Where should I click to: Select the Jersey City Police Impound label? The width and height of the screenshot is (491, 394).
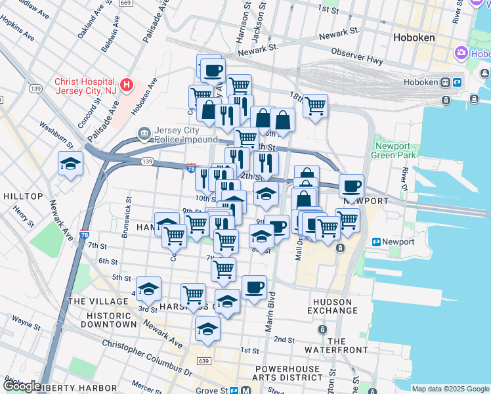pyautogui.click(x=186, y=135)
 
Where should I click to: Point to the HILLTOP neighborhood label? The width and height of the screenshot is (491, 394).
pyautogui.click(x=23, y=196)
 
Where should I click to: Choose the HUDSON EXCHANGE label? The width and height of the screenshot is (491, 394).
pyautogui.click(x=333, y=306)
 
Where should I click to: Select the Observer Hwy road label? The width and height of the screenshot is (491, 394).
pyautogui.click(x=357, y=60)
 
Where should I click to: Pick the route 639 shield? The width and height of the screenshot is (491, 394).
pyautogui.click(x=204, y=361)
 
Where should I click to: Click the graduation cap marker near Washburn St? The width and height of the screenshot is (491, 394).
pyautogui.click(x=71, y=164)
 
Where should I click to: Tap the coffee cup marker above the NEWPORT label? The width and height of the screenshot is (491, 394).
pyautogui.click(x=352, y=186)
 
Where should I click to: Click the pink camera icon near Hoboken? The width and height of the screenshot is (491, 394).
pyautogui.click(x=462, y=52)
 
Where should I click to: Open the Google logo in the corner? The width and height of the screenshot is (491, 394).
pyautogui.click(x=22, y=386)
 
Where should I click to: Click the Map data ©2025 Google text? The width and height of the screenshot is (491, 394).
pyautogui.click(x=450, y=389)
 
